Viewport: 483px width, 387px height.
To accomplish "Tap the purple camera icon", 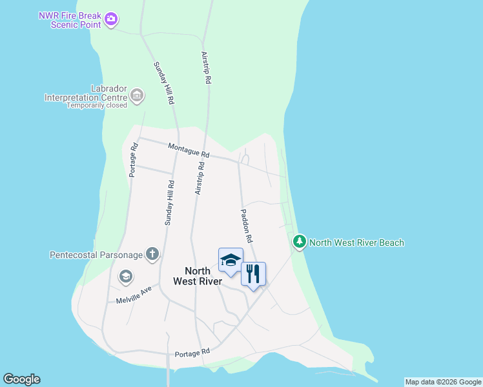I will click(x=111, y=19).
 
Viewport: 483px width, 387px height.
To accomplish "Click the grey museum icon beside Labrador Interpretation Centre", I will click(x=136, y=96).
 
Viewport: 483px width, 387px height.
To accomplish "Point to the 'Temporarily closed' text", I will click(x=97, y=105).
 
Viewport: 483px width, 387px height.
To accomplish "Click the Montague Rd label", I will click(x=189, y=150).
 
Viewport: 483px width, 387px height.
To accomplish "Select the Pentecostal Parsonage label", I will click(x=96, y=255).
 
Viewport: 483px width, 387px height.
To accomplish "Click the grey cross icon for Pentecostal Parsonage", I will click(x=152, y=253).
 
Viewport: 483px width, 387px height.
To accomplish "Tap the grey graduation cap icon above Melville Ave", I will click(x=125, y=277).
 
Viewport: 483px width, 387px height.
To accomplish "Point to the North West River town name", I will click(x=198, y=276).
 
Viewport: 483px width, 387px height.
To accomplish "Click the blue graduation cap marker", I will click(x=231, y=260).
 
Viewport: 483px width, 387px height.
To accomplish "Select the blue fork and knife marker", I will click(x=253, y=274).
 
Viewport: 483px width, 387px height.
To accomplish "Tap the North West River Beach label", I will click(x=356, y=243).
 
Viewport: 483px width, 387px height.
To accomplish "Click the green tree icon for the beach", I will click(x=299, y=242).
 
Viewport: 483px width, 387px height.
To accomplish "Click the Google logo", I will click(x=21, y=379).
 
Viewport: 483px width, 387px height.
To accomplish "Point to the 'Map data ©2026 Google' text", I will click(x=443, y=382).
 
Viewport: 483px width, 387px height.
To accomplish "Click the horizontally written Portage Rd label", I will click(x=192, y=353).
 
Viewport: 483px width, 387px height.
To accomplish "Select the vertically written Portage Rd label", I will click(x=134, y=159).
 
